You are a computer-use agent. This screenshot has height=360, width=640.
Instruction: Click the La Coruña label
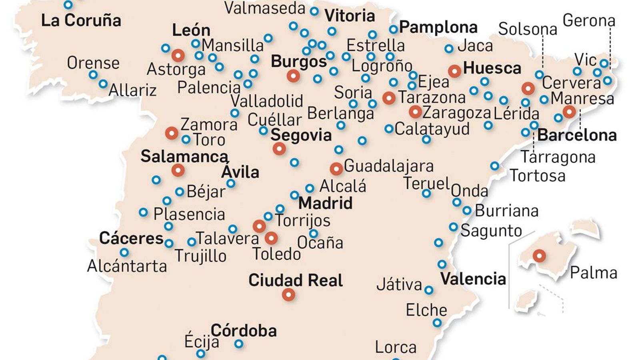coord(81,20)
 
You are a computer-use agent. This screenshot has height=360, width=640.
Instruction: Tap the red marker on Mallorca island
coord(539,255)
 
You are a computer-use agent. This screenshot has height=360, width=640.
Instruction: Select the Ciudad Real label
coord(295,280)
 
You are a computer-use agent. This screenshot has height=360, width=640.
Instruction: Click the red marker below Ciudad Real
coord(288,295)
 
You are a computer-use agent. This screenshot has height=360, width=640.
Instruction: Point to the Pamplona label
coord(438,27)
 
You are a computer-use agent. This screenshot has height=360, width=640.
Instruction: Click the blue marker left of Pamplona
coord(393,29)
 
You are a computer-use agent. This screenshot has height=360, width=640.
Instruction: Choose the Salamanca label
coord(184,156)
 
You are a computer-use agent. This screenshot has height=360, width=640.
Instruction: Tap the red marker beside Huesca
coord(454,71)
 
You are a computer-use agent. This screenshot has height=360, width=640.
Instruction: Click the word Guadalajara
coord(388,166)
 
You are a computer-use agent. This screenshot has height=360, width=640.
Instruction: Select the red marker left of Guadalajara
coord(336,169)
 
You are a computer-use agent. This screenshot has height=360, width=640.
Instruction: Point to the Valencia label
coord(473,278)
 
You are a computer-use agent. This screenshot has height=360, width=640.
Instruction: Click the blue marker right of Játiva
coord(429,290)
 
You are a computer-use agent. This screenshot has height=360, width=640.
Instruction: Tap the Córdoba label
coord(244,330)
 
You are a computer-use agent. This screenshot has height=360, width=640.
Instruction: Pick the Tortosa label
coord(537,176)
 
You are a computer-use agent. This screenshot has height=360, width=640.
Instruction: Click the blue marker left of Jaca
coord(449,49)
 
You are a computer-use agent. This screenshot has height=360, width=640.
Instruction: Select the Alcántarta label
coord(127,266)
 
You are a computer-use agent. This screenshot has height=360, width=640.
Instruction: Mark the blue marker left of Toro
coord(186,140)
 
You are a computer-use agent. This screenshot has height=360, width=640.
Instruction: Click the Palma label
coord(593,273)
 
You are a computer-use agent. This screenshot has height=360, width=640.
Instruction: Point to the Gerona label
coord(588,20)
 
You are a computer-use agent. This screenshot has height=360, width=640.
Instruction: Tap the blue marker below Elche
coord(437,322)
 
